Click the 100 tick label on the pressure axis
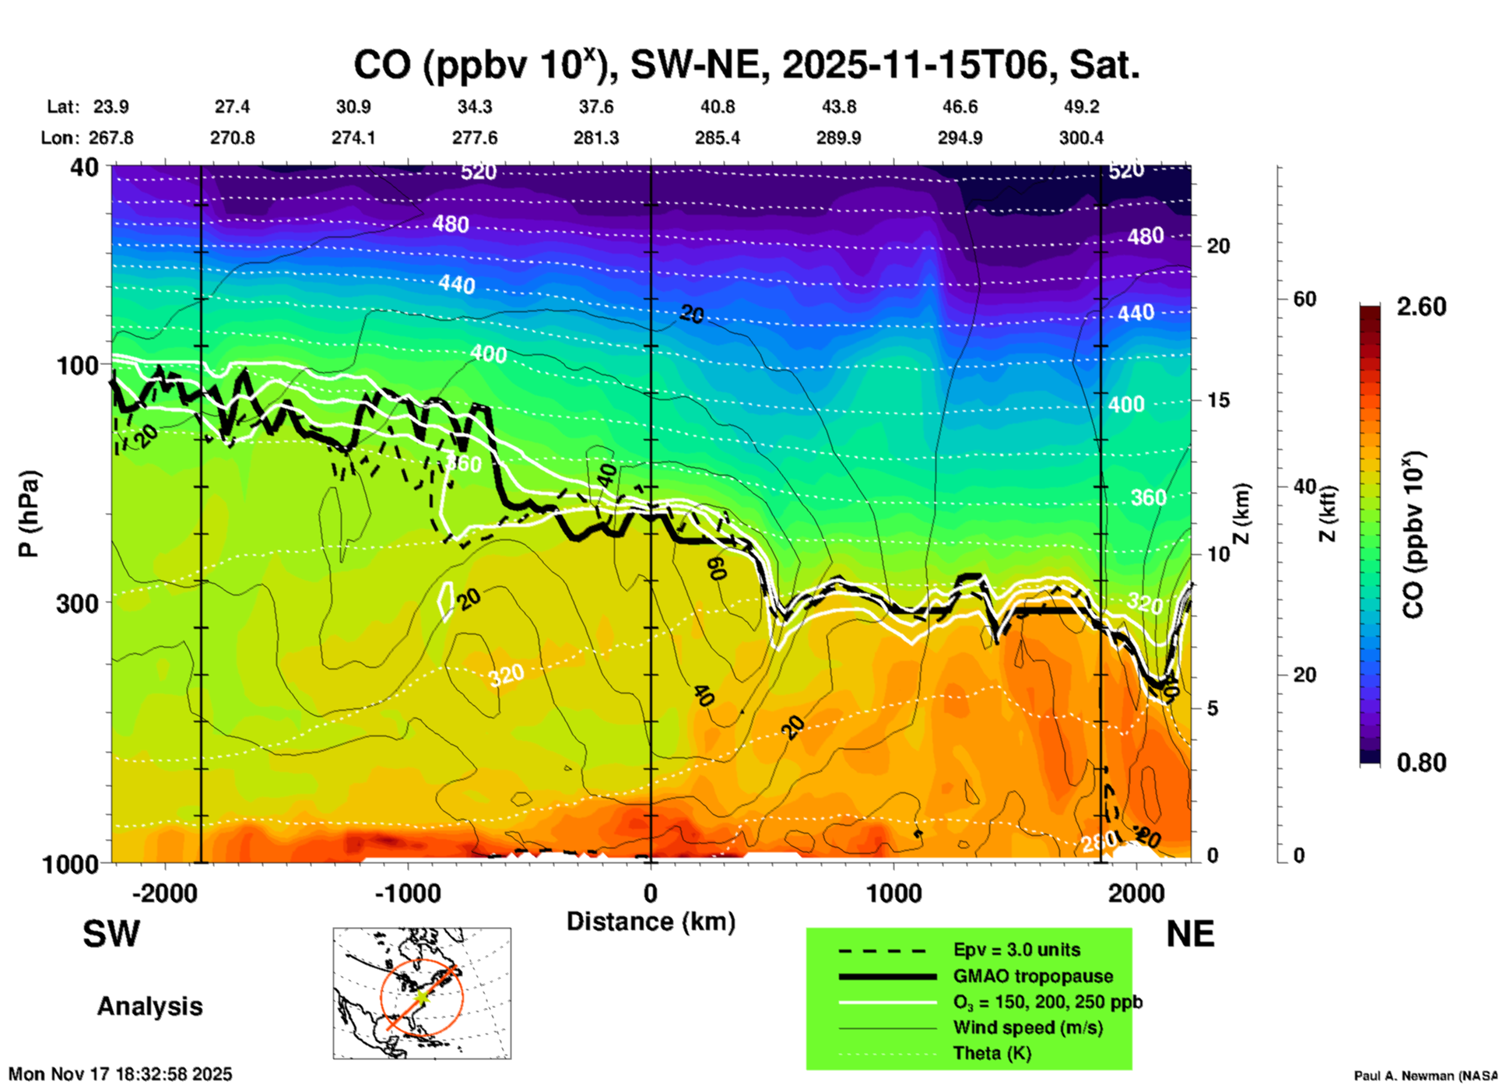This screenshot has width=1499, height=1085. coord(77,364)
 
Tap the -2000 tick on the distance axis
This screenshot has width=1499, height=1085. coord(164,893)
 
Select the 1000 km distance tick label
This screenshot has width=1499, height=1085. coord(893,893)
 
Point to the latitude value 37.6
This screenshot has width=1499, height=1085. coord(595,107)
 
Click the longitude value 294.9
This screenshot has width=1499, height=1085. coord(960,138)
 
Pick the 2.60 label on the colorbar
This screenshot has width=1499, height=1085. coord(1421,307)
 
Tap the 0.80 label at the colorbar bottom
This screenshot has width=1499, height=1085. coord(1421,762)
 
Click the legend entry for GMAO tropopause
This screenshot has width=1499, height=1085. coord(1033,976)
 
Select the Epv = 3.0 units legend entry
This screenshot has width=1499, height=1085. coord(1016,950)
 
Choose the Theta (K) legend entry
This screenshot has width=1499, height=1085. coord(992,1053)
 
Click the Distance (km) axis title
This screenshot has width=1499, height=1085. coord(651,922)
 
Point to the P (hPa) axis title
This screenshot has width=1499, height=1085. coord(29,514)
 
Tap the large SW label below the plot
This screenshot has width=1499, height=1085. coord(111,934)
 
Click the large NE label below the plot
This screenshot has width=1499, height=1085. coord(1190,934)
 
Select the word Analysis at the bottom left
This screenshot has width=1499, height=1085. coord(149,1006)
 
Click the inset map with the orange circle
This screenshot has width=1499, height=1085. coord(422,993)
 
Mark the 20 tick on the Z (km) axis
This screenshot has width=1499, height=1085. coord(1218,246)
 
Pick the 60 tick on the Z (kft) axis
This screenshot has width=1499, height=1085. coord(1304,299)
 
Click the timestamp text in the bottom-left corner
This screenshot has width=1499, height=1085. coord(121,1074)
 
